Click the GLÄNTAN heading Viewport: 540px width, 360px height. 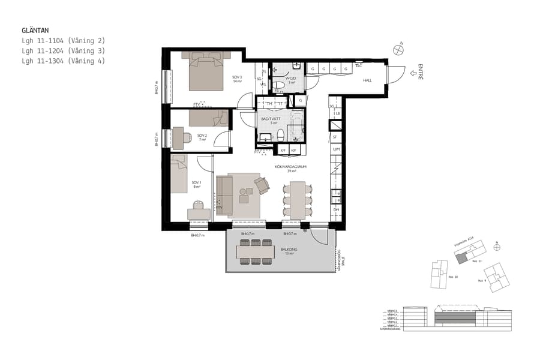point(35,29)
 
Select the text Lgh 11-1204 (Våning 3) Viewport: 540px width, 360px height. point(63,50)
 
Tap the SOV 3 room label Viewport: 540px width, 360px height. point(238,77)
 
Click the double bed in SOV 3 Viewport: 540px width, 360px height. point(206,71)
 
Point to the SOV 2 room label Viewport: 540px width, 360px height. point(202,136)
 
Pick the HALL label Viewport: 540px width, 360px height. point(367,80)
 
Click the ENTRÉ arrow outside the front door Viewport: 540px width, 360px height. point(412,74)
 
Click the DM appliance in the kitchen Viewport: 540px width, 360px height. point(336,209)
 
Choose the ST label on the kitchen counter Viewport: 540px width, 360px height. point(335,137)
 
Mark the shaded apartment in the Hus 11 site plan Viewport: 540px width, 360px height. point(461,257)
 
